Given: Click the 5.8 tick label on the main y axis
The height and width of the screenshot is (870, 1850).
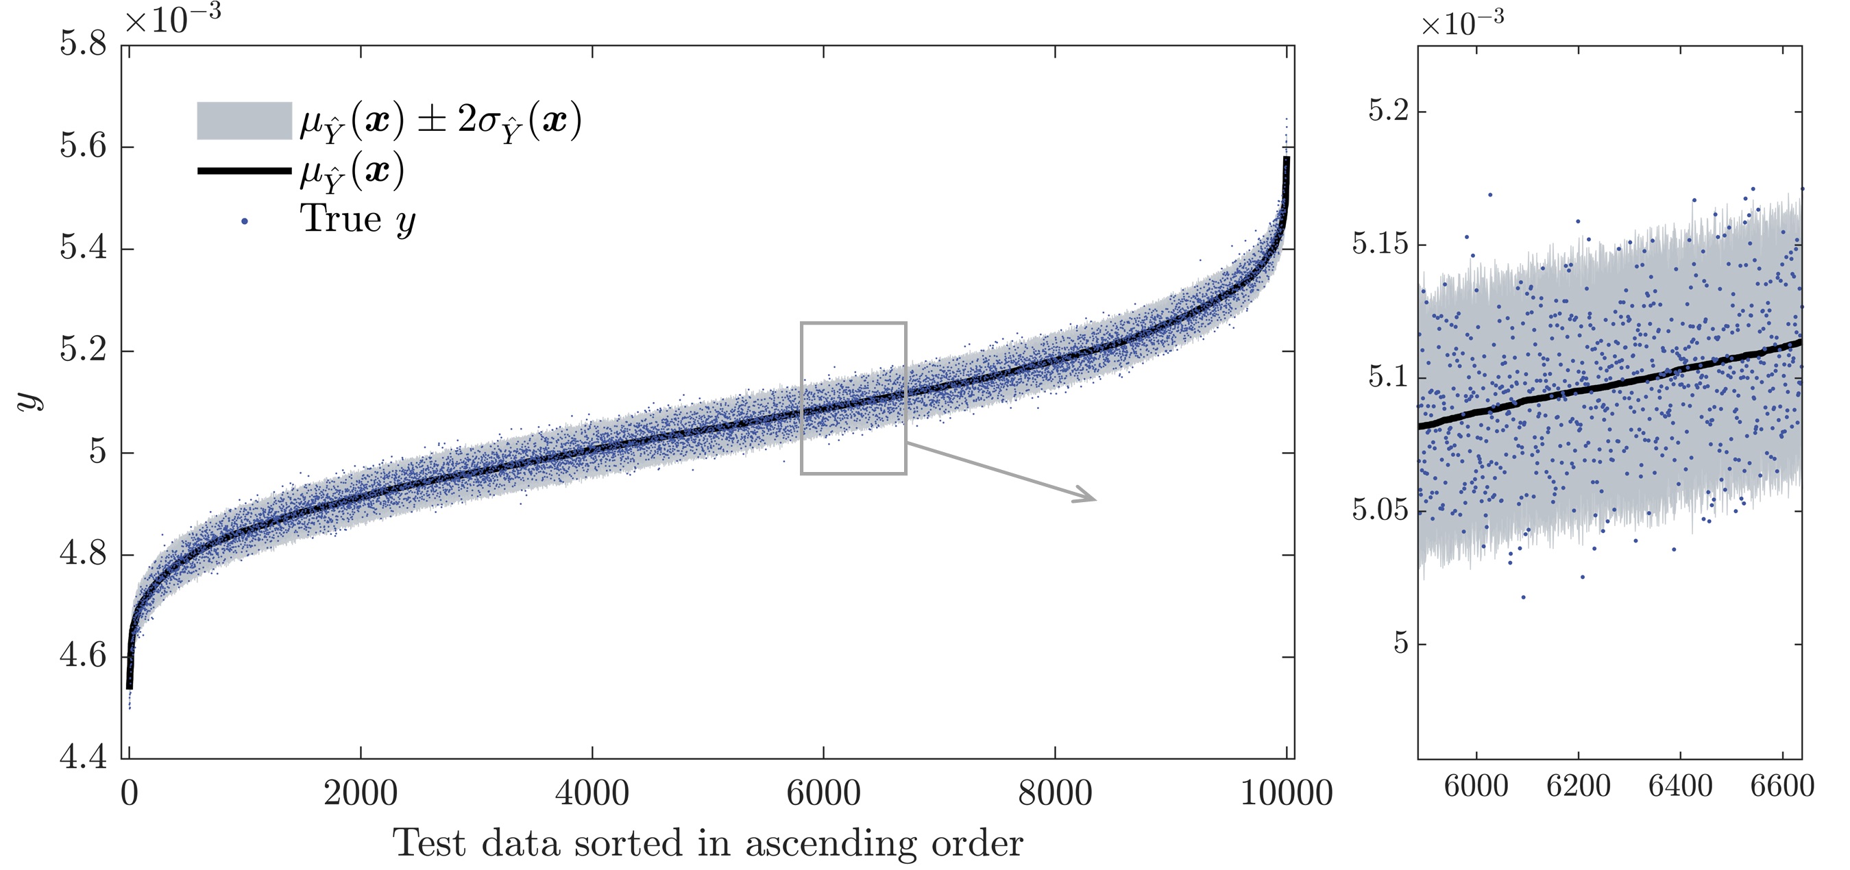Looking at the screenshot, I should pyautogui.click(x=82, y=45).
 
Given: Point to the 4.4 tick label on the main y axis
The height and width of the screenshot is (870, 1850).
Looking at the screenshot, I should pyautogui.click(x=82, y=757).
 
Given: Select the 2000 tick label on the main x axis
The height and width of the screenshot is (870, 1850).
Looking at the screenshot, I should pyautogui.click(x=361, y=794).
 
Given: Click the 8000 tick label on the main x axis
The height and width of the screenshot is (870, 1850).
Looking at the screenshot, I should pyautogui.click(x=1055, y=794).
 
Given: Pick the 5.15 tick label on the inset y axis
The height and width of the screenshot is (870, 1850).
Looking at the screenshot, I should pyautogui.click(x=1380, y=244).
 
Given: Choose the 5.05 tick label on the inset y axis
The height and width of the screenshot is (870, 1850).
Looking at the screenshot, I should pyautogui.click(x=1380, y=510).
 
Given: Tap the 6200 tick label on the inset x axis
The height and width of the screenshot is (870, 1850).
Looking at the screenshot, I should pyautogui.click(x=1578, y=786).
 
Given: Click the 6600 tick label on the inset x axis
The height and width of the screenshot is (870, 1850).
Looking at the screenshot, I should pyautogui.click(x=1781, y=786).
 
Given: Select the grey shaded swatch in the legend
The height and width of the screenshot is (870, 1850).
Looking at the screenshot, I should pyautogui.click(x=244, y=121).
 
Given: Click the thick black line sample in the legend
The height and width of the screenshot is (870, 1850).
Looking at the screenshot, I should pyautogui.click(x=244, y=171).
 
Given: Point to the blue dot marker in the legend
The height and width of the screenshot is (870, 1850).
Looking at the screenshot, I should pyautogui.click(x=245, y=221).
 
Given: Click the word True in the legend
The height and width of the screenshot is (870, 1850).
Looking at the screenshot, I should pyautogui.click(x=341, y=219).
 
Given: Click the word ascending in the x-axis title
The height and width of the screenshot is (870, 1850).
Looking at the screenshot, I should pyautogui.click(x=830, y=844).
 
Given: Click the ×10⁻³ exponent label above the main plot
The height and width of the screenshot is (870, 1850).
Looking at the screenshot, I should pyautogui.click(x=172, y=19).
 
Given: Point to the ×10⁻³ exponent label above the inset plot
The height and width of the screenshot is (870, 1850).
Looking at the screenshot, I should pyautogui.click(x=1462, y=24).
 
